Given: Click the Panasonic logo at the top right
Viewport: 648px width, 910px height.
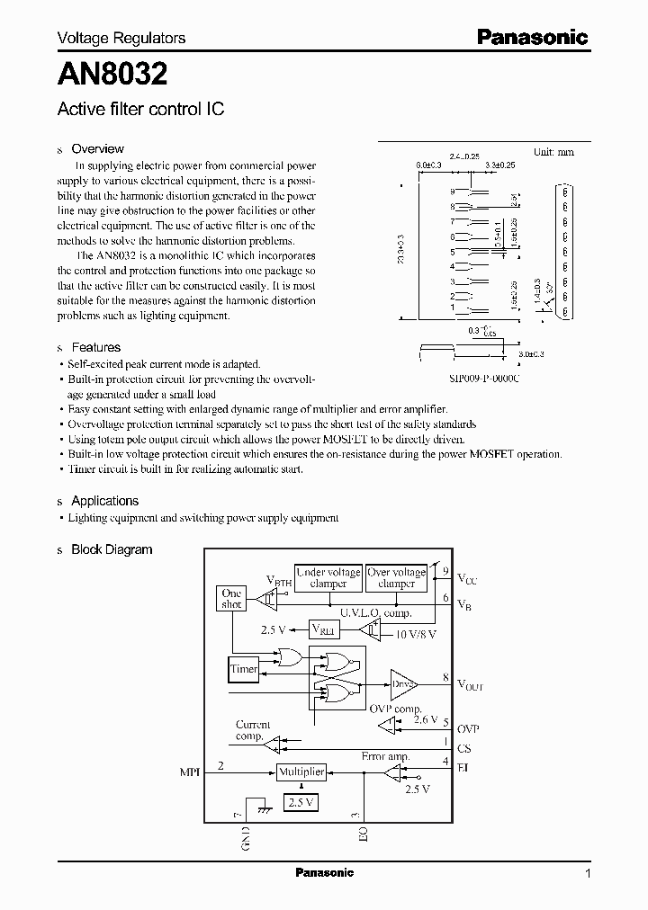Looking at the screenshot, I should point(532,38).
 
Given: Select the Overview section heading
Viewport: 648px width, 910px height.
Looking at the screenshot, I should point(97,149).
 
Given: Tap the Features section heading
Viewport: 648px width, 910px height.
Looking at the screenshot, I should point(95,347).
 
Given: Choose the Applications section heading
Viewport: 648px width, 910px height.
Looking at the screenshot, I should point(104,501).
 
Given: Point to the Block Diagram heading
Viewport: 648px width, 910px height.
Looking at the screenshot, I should point(112,549).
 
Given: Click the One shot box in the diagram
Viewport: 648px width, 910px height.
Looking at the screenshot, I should point(232,599).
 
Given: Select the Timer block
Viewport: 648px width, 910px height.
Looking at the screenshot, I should point(244,669).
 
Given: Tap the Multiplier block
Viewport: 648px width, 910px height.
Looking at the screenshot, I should point(301,772).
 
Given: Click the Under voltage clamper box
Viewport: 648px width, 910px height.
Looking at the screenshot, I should point(328,577).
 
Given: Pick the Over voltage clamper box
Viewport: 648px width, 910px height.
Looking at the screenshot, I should point(397,577).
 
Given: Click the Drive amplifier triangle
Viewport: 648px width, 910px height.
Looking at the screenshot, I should point(401,684).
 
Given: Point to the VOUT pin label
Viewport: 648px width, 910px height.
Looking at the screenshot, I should point(470,685).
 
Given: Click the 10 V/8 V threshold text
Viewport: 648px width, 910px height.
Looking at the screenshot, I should point(415,635).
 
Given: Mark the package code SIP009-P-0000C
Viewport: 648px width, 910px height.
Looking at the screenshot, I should point(472,379).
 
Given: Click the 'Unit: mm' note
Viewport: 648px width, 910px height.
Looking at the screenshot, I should point(553,152).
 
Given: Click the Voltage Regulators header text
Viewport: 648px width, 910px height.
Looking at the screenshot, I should point(121,38).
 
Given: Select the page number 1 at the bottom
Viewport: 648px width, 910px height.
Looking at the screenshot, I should point(588,873).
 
